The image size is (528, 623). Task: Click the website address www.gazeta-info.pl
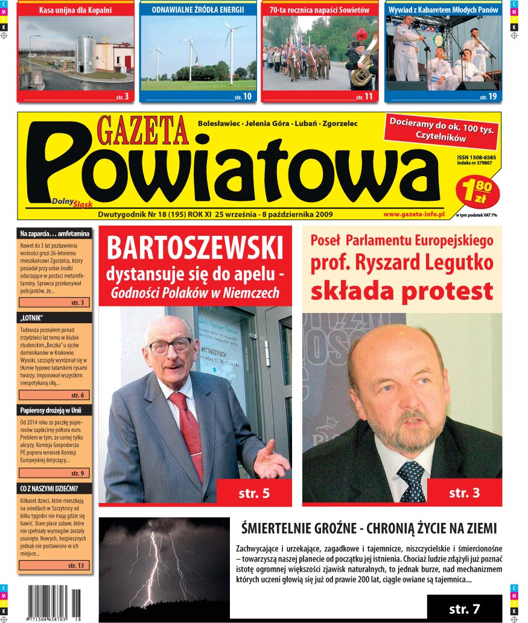413,214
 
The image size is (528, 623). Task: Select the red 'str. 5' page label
253,493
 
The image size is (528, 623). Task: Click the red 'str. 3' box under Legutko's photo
464,493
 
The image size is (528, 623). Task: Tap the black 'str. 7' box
464,608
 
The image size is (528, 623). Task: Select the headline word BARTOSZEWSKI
195,248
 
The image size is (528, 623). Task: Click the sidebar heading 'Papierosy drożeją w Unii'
51,411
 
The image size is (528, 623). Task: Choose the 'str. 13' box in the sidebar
54,566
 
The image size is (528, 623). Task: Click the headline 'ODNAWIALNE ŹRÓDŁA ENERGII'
198,10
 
